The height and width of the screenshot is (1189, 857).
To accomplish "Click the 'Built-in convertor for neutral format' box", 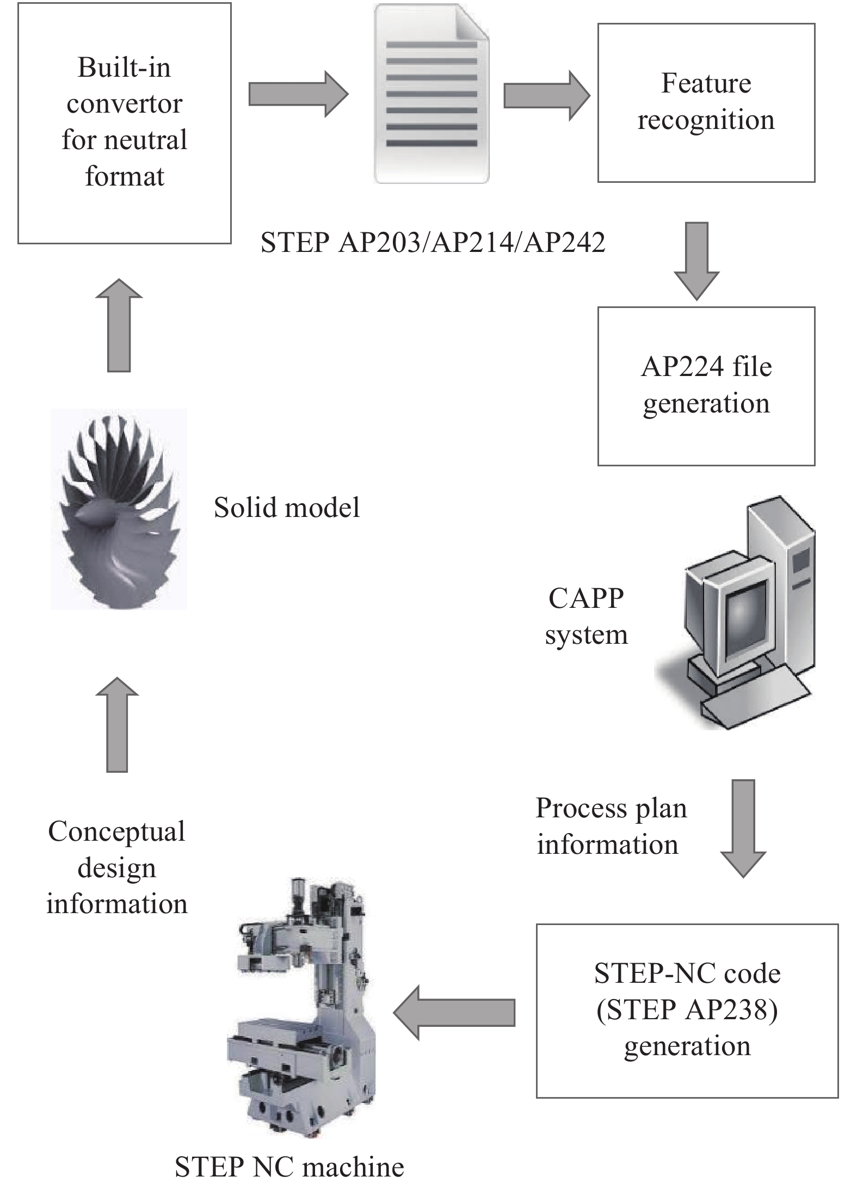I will [124, 123].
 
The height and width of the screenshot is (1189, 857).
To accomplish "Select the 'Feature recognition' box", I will [706, 102].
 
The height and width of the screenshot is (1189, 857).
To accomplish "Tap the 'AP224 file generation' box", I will [706, 386].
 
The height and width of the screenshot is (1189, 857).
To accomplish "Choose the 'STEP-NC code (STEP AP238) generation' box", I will [687, 1011].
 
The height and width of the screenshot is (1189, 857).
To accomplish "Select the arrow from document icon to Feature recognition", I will [546, 96].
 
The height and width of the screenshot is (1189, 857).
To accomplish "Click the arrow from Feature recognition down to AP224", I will [696, 260].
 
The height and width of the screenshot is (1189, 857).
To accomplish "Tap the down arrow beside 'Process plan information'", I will [743, 827].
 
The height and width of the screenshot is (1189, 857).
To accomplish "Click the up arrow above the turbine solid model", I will [119, 325].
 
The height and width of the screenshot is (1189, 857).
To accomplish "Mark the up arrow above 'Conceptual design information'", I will [117, 725].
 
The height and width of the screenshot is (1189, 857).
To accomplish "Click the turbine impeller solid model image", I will [119, 509].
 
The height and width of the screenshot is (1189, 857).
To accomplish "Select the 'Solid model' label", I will [287, 508].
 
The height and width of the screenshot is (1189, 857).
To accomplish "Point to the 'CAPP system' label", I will [586, 616].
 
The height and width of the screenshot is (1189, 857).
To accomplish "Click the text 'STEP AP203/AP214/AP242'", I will [433, 242].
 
